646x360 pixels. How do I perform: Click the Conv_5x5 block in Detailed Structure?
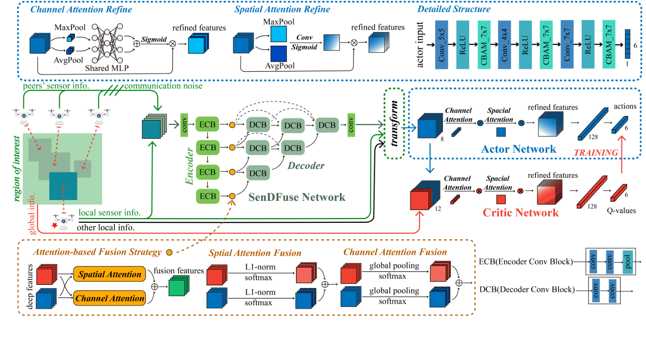(x=441, y=45)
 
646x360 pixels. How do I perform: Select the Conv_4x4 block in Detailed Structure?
(x=504, y=45)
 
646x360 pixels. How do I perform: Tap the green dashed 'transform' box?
(x=394, y=124)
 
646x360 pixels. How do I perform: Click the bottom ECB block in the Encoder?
(x=208, y=196)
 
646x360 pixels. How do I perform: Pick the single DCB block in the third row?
(x=258, y=173)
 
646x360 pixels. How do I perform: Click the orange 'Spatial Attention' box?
(x=110, y=274)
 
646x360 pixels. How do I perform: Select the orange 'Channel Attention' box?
(x=110, y=298)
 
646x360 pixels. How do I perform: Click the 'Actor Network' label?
(x=518, y=149)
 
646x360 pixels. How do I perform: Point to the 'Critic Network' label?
(x=520, y=213)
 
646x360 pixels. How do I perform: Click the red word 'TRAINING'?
(x=596, y=153)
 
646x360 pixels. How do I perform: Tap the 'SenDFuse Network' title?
(x=296, y=197)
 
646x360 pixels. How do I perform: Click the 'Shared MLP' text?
(x=107, y=68)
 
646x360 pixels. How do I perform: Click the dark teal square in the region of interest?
(x=63, y=186)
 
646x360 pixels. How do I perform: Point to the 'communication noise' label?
(x=163, y=86)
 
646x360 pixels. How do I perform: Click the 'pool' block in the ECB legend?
(x=628, y=262)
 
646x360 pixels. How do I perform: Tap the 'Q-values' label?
(x=621, y=211)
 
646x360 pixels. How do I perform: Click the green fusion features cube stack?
(x=179, y=287)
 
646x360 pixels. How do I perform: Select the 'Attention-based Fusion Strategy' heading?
(x=97, y=252)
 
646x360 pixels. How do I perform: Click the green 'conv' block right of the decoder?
(x=351, y=125)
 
